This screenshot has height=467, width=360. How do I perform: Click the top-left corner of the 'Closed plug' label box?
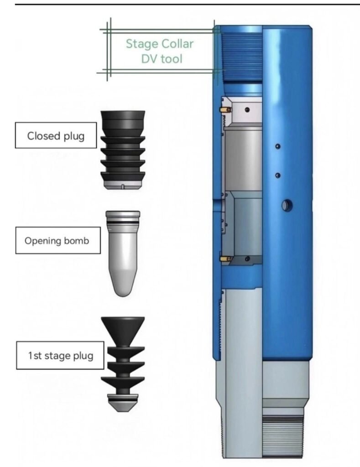pos(16,122)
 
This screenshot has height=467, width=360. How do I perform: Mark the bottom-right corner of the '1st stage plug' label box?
pos(104,369)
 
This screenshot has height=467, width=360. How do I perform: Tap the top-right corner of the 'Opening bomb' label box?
pos(100,227)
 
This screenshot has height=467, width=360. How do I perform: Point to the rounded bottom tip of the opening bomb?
pos(123,296)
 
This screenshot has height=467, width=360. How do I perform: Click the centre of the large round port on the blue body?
pos(287,206)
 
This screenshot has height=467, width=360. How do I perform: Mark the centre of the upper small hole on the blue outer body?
pos(278,146)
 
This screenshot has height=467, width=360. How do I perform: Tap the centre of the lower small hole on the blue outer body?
pos(278,176)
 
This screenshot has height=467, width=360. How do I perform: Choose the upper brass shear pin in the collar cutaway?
pos(225,109)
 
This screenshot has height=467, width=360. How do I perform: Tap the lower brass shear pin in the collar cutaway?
pos(225,259)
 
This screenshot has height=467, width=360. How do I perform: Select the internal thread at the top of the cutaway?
pos(242,57)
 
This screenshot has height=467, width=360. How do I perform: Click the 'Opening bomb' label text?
pos(57,241)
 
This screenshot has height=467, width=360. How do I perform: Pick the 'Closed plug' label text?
pos(56,136)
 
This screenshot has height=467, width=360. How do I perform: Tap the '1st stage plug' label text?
pos(61,356)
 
